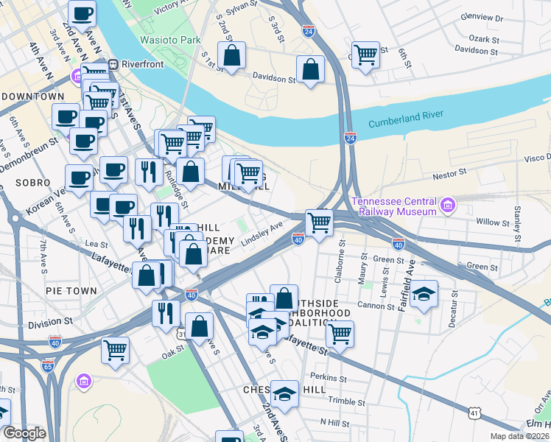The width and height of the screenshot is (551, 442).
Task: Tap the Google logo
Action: pyautogui.click(x=24, y=433)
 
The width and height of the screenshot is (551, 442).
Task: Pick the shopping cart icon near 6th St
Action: pyautogui.click(x=365, y=55)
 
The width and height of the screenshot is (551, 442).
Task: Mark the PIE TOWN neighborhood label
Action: pyautogui.click(x=71, y=291)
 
